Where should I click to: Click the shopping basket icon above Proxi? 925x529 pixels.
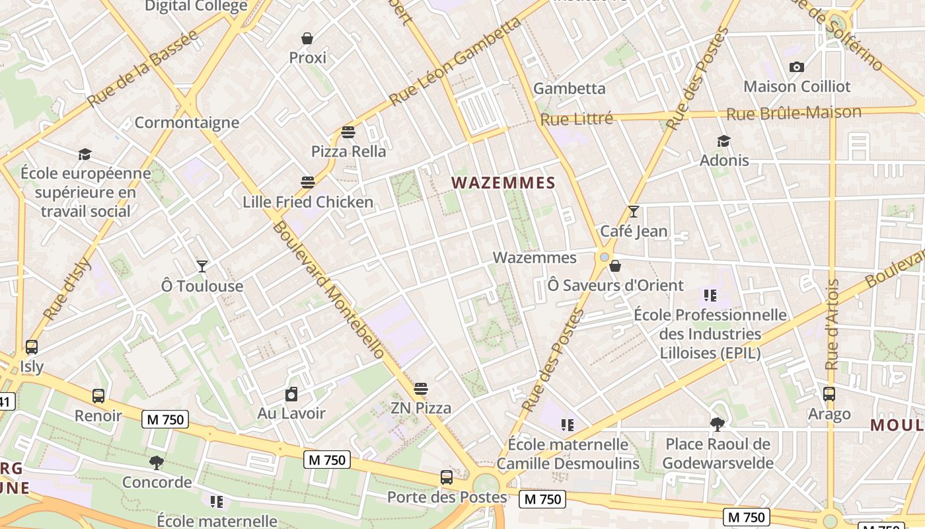(307, 38)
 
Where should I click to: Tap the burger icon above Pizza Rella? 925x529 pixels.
(348, 132)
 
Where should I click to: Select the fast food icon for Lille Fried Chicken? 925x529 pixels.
(308, 183)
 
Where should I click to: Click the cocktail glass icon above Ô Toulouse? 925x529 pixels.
(202, 266)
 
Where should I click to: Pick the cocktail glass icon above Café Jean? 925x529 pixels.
(634, 212)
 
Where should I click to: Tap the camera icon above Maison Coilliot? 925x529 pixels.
(797, 67)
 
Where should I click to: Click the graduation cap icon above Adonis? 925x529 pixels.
(724, 141)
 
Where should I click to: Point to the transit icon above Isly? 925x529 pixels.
(31, 347)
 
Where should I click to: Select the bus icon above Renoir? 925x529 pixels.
(98, 396)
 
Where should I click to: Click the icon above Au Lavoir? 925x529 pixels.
(291, 395)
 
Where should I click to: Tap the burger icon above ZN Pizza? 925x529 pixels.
(421, 389)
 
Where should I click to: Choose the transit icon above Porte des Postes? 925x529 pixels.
(447, 477)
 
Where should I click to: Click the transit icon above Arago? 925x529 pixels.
(829, 394)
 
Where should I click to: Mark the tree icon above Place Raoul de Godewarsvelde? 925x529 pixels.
(718, 424)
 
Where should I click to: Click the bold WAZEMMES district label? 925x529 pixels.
(503, 183)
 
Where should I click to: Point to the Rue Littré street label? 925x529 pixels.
(577, 120)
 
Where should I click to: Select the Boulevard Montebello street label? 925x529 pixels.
(328, 290)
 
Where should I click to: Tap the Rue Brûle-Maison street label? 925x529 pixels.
(794, 113)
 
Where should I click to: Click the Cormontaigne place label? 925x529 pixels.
(187, 122)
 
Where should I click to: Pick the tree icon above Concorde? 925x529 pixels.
(157, 462)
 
